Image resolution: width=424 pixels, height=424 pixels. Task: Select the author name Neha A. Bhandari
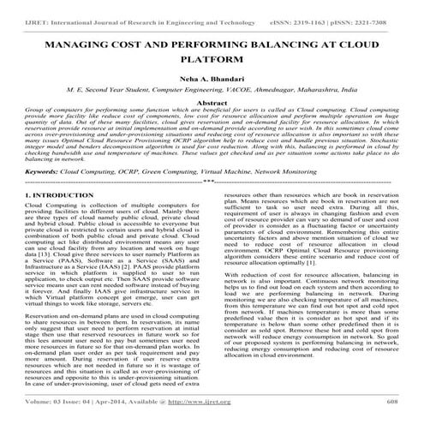(211, 78)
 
